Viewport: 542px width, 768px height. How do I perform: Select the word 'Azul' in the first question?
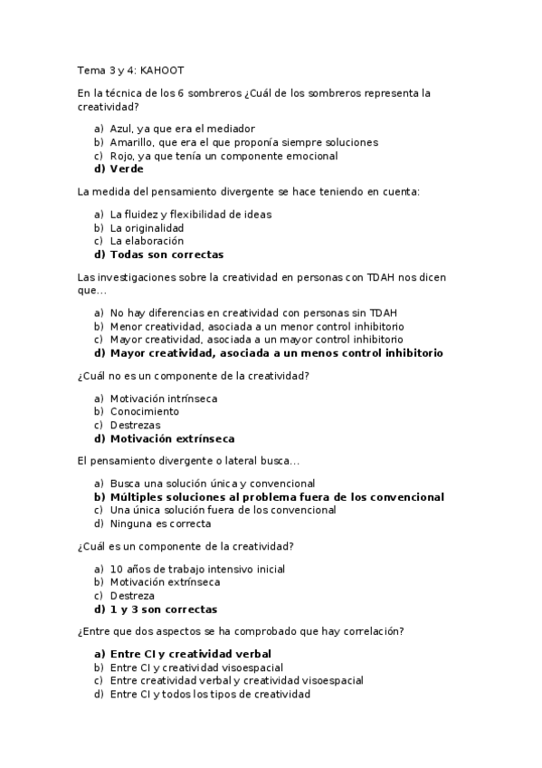click(x=121, y=129)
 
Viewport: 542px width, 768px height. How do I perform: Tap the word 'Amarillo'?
click(x=131, y=142)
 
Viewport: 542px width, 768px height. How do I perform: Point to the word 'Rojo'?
click(x=121, y=156)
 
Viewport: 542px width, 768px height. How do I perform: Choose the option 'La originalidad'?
click(x=147, y=227)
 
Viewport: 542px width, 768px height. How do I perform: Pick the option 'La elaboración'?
click(x=147, y=241)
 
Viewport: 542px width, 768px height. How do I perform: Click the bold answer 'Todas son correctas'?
click(x=166, y=254)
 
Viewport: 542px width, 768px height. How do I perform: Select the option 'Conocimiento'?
click(x=145, y=411)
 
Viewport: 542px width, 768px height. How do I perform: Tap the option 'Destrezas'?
click(x=135, y=425)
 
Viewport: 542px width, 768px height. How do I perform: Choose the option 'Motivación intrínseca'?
click(x=164, y=398)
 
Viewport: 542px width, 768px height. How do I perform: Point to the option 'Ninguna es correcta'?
click(x=160, y=523)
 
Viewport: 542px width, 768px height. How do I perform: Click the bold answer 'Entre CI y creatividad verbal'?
click(x=191, y=653)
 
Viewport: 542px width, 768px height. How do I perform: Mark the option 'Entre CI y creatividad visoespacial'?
click(x=200, y=667)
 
